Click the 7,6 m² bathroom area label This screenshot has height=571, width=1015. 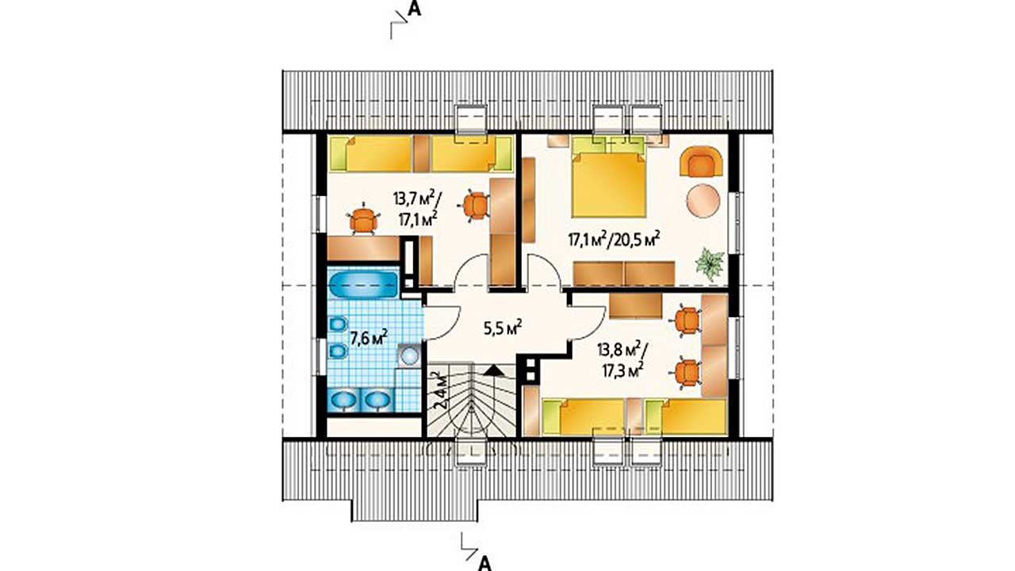point(369,338)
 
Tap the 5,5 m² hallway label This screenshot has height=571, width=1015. point(503,328)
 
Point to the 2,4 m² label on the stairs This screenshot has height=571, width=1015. point(439,390)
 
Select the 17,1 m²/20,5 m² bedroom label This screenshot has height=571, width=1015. point(614,240)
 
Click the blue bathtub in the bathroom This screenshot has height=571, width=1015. point(363,284)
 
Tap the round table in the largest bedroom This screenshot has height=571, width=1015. point(703,201)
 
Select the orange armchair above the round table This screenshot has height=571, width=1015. point(700,162)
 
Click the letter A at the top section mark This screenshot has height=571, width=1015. point(414,9)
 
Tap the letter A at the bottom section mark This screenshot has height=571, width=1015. point(485,563)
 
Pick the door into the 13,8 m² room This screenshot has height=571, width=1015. point(588,323)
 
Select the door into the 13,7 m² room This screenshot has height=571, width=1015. point(471,271)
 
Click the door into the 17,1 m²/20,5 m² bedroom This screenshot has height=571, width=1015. point(544,271)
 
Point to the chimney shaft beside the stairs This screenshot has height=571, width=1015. point(529,370)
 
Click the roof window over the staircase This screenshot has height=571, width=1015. point(471,451)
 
